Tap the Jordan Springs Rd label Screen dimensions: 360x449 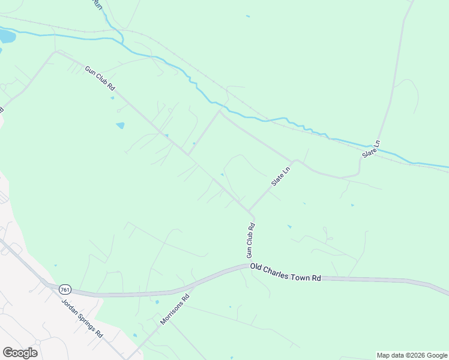click(82, 317)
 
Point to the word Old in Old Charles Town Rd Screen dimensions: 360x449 click(257, 267)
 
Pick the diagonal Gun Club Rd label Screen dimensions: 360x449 click(100, 78)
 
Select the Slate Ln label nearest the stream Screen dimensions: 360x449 click(372, 149)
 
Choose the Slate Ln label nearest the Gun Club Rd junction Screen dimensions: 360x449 click(281, 176)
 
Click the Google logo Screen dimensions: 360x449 click(20, 353)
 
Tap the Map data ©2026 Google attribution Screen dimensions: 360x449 click(412, 355)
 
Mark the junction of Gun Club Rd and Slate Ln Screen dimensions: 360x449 click(250, 210)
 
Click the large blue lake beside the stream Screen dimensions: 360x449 click(5, 37)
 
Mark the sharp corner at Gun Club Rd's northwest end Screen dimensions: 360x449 click(56, 52)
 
